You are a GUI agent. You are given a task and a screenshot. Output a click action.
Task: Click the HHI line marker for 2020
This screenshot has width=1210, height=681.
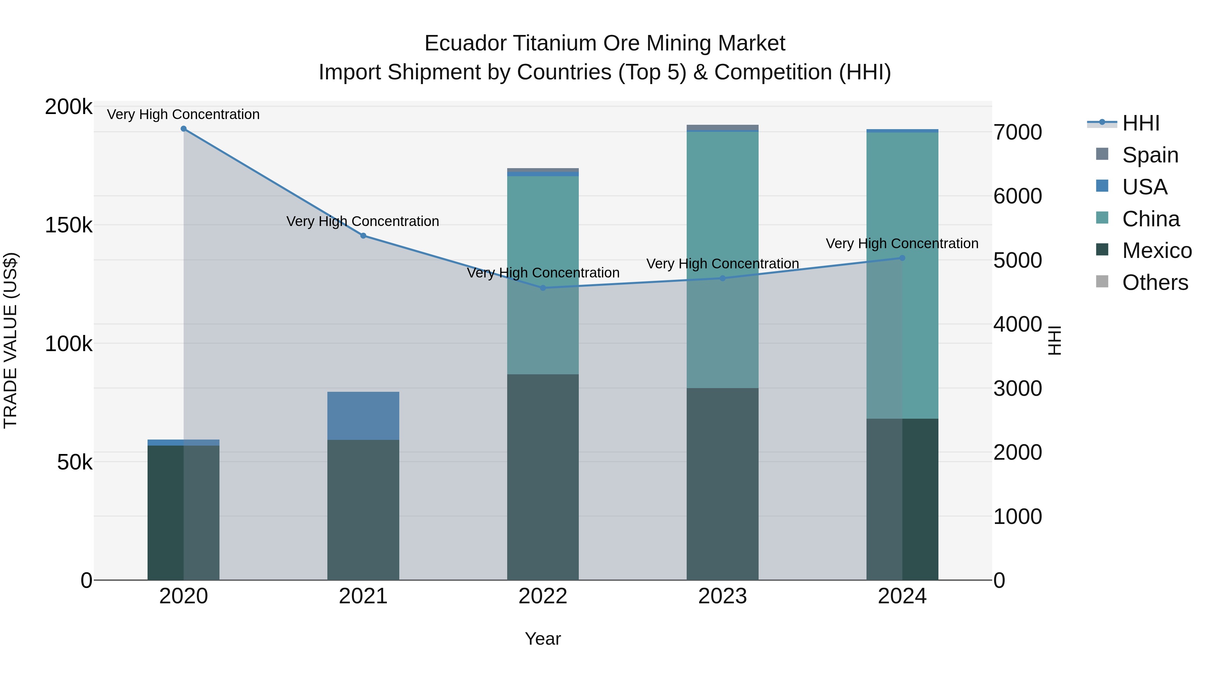184,129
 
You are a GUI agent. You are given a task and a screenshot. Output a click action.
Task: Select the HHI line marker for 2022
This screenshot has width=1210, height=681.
543,288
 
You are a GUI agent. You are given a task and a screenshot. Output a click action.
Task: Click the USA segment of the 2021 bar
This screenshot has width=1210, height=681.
363,416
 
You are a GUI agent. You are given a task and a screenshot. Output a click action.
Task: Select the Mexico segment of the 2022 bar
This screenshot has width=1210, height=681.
543,477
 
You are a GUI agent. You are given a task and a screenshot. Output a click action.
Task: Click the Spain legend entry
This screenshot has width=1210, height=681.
1150,155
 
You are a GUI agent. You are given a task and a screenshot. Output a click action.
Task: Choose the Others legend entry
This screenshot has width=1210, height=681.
1155,283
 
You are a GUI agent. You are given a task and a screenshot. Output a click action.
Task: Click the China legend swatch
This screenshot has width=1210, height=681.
1102,218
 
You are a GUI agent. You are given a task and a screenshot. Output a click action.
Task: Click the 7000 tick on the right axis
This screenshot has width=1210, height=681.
1017,133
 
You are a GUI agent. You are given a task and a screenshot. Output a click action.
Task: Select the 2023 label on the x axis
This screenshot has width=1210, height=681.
722,596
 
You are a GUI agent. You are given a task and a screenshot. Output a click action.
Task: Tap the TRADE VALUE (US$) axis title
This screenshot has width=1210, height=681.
10,340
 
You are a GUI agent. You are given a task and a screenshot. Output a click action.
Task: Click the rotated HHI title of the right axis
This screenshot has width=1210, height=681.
1054,340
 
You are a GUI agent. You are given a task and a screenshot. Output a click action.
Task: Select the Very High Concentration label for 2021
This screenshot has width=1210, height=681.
363,221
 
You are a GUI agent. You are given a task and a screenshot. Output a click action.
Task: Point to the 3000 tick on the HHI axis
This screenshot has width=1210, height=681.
1017,389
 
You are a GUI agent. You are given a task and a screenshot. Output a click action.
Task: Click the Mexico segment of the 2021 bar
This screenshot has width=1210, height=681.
363,510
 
